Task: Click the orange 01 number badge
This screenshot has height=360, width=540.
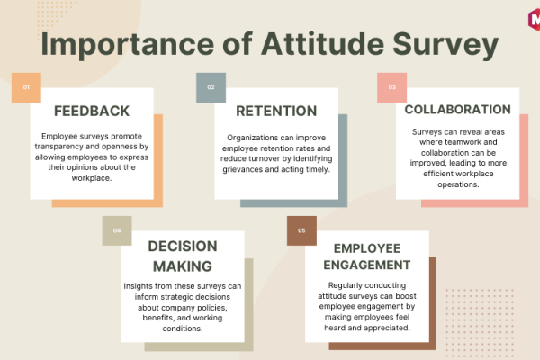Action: point(26,87)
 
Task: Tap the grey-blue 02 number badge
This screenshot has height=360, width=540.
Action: point(211,87)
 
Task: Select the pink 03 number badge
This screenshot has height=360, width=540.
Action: point(391,87)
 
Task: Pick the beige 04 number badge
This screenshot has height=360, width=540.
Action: point(117,230)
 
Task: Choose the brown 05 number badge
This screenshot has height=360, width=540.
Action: point(301,230)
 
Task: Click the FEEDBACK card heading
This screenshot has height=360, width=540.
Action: point(92,112)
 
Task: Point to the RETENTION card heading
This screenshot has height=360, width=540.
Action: point(276,112)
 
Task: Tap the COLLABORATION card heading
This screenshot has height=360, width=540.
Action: point(458,110)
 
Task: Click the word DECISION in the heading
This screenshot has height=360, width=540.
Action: point(183,247)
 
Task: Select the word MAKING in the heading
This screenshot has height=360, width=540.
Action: point(183,266)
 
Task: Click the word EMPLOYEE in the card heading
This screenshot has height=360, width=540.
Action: point(367,248)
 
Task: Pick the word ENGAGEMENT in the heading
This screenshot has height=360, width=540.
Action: point(367,265)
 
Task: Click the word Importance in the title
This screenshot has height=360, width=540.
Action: point(128,45)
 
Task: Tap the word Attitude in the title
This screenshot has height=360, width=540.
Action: point(323,43)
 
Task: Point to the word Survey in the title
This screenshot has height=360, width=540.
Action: point(445,45)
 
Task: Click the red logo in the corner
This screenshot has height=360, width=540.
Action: point(534,19)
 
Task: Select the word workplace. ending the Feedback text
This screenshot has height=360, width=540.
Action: point(92,178)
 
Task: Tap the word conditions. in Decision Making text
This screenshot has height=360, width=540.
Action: point(183,328)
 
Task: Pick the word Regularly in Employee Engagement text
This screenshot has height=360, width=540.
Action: point(345,285)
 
